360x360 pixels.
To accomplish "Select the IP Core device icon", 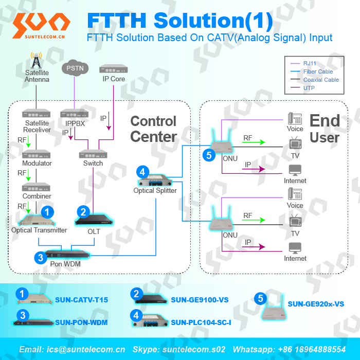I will (114, 68).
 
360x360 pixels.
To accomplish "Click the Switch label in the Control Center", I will (93, 163).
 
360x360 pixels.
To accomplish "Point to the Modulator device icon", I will (37, 154).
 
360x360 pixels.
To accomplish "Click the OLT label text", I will (94, 231).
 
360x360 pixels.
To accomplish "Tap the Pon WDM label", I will (65, 264).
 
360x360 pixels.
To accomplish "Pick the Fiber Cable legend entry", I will (318, 71).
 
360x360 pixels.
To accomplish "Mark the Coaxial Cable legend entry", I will (321, 80).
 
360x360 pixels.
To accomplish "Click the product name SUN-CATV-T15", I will (81, 300).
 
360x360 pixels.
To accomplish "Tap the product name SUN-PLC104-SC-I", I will (201, 322).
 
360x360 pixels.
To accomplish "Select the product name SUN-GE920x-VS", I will (316, 304).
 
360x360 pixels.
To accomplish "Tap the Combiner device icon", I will (37, 187).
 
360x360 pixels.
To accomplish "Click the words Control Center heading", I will (153, 129).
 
